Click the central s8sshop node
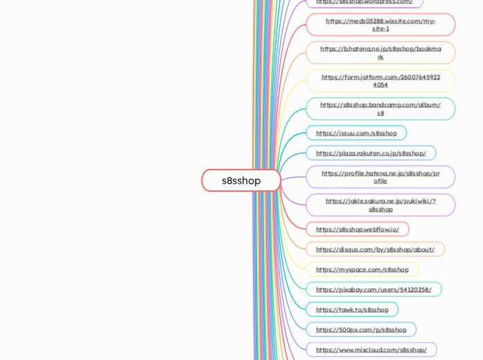[x=241, y=181]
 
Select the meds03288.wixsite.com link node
[x=380, y=25]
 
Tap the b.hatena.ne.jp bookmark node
[x=380, y=53]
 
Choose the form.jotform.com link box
[x=380, y=81]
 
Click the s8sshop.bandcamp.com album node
[x=380, y=109]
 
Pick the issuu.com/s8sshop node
[x=356, y=133]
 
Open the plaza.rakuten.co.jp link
[x=371, y=153]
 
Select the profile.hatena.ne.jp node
[x=380, y=177]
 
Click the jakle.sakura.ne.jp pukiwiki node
[x=380, y=205]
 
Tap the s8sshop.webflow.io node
[x=357, y=229]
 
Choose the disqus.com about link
[x=375, y=249]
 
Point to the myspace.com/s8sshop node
[x=362, y=269]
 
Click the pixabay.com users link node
[x=374, y=289]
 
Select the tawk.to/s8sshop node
[x=352, y=309]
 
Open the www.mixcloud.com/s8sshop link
[x=371, y=350]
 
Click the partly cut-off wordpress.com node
[x=364, y=3]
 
